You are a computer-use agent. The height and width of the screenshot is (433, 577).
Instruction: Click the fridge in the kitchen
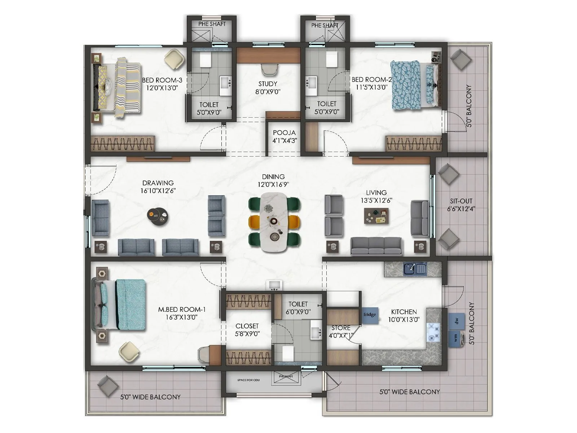tap(370, 315)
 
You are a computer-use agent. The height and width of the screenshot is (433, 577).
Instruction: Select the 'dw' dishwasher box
tap(457, 321)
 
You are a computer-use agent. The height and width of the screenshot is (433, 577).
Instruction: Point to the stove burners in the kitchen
tap(433, 332)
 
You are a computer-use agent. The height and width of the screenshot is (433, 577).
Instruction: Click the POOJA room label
tap(285, 136)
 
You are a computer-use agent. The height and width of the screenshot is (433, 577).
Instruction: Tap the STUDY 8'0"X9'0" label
tap(268, 88)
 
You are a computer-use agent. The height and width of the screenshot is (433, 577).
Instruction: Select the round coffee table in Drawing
tap(158, 216)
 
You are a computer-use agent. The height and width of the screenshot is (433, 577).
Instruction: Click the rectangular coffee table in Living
tap(376, 216)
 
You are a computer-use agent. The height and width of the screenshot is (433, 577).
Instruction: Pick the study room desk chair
tap(270, 69)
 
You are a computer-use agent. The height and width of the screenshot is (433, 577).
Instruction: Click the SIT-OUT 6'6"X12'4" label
tap(461, 205)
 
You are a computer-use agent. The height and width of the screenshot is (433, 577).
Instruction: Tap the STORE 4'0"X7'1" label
tap(341, 331)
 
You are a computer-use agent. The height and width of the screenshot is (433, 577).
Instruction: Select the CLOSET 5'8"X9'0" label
tap(247, 330)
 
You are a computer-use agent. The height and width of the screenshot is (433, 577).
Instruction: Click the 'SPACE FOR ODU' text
tap(248, 380)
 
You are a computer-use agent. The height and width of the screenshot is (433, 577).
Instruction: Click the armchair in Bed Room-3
tap(175, 58)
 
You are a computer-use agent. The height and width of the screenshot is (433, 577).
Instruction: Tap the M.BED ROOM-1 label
tap(182, 313)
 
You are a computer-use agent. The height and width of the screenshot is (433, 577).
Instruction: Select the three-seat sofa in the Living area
tap(376, 246)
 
